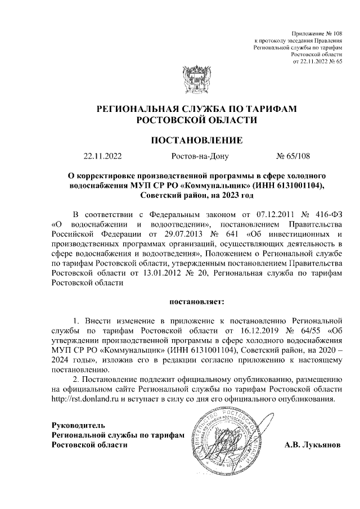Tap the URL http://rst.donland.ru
(x=85, y=400)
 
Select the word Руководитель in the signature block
(x=78, y=425)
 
